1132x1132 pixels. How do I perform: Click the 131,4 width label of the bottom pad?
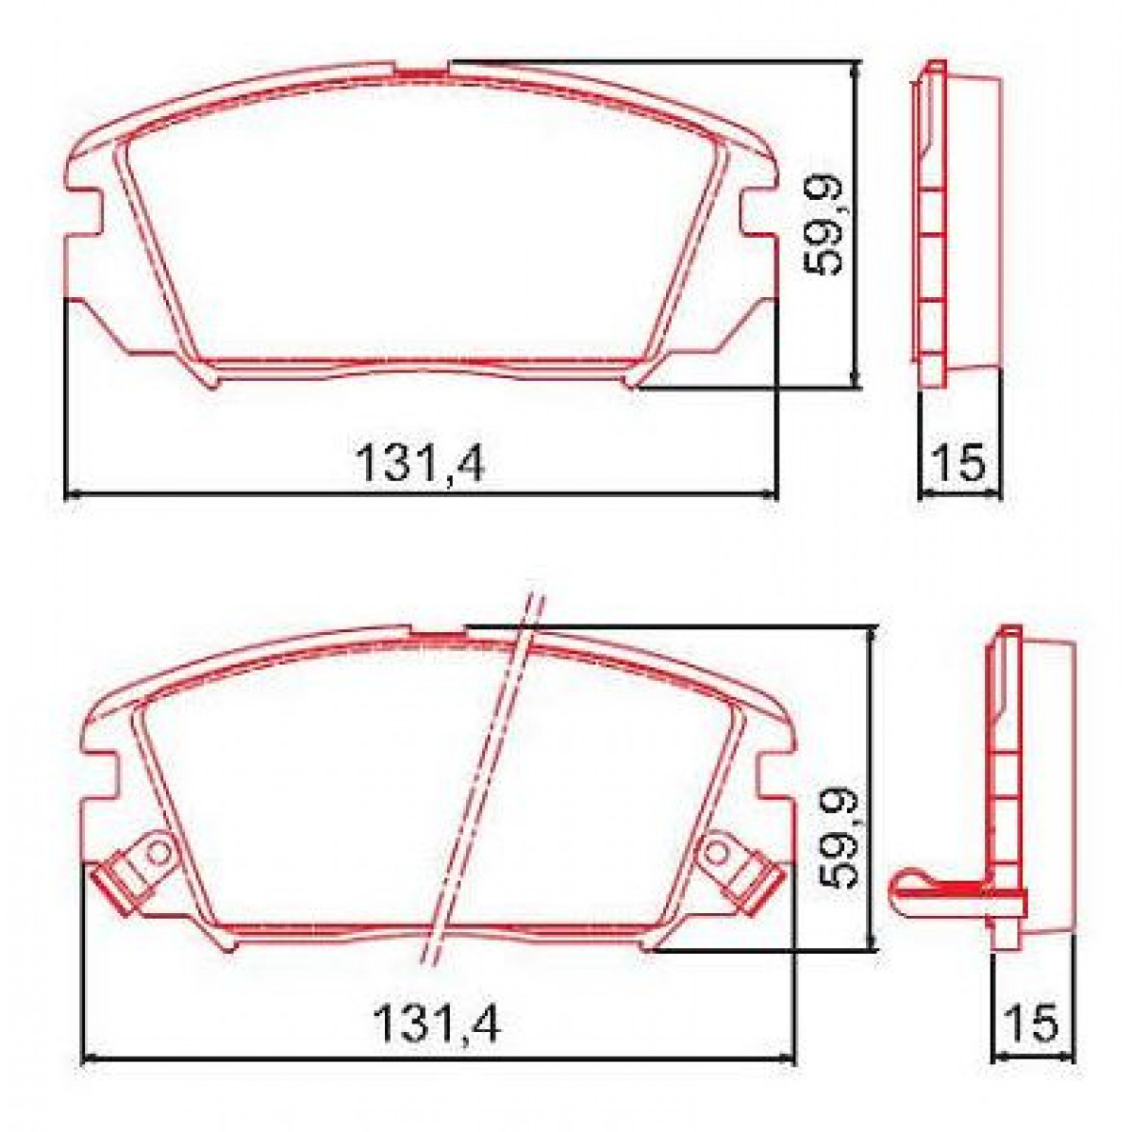point(438,1023)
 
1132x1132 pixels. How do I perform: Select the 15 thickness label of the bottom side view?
point(1033,1023)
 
